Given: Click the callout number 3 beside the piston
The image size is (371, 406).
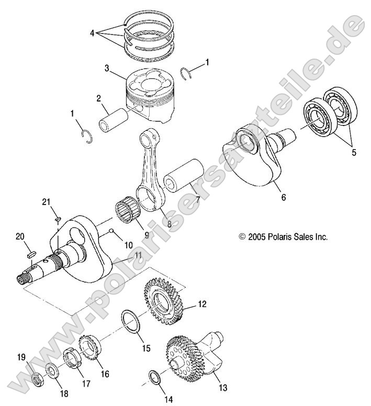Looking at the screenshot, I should (x=107, y=67).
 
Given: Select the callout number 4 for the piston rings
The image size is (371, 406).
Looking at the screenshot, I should (x=92, y=33).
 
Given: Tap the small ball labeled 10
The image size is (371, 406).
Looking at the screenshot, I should (x=111, y=231).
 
